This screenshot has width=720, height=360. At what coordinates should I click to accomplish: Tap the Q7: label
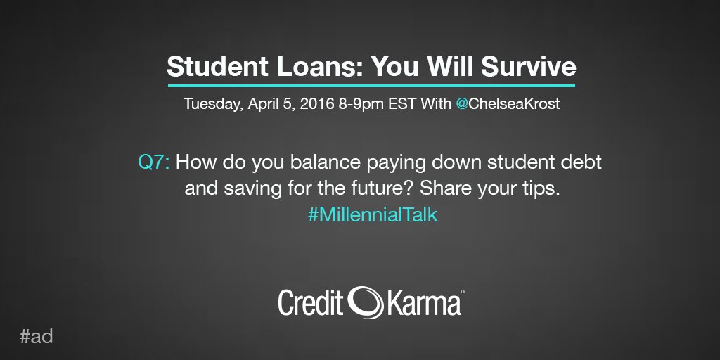154,162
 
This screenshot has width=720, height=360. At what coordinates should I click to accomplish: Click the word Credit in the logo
309,302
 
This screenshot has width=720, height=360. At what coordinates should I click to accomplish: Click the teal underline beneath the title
371,86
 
